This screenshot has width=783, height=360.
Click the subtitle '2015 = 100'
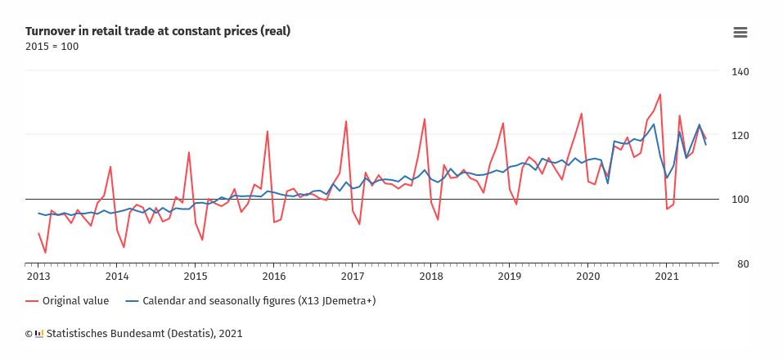[52, 46]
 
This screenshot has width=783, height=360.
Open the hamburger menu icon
[740, 32]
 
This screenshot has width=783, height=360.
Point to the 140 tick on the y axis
[740, 72]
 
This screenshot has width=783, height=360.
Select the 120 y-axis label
[740, 135]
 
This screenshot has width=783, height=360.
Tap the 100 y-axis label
[740, 200]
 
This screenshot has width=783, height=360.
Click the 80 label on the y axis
[740, 264]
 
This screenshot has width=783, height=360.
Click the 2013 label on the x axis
[38, 277]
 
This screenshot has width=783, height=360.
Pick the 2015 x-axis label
[195, 277]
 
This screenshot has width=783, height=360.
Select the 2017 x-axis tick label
[352, 277]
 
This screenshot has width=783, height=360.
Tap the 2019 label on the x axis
[509, 277]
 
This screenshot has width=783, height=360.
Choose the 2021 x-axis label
[666, 277]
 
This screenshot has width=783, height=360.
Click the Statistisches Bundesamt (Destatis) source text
[144, 334]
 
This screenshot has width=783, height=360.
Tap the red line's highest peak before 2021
[660, 94]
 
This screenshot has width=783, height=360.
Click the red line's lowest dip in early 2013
[45, 253]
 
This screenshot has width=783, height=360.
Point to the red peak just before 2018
[424, 119]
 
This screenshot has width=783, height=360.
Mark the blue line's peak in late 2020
[654, 124]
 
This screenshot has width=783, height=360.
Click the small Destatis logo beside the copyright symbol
[38, 334]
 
